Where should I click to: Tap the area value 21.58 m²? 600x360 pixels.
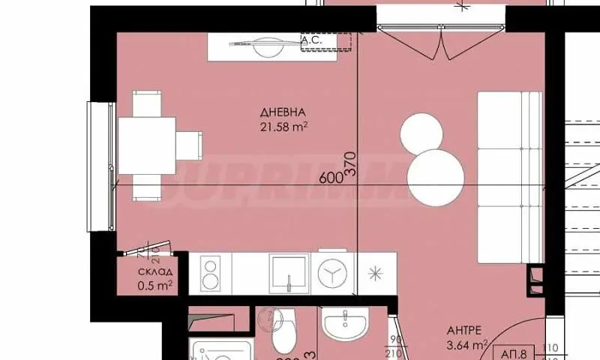coord(281,127)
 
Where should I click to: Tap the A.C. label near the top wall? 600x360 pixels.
coord(311,40)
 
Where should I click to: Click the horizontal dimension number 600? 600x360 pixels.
coord(330,178)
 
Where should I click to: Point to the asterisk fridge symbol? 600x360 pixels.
coord(373,274)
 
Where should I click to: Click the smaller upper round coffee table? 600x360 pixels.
coord(422,133)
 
